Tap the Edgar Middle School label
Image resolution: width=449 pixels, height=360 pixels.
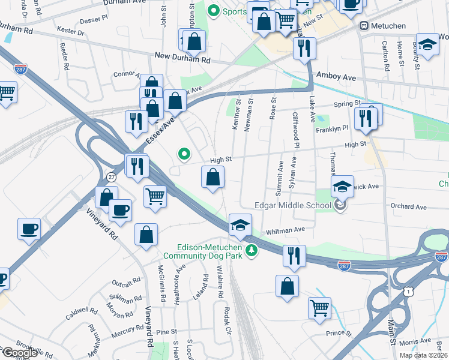293,206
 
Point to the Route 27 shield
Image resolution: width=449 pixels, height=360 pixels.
110,176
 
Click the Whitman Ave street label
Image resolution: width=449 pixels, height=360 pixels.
286,230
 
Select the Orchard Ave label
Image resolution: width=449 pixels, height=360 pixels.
408,207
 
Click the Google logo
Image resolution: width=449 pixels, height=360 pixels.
19,352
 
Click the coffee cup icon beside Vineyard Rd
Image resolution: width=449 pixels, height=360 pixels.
120,211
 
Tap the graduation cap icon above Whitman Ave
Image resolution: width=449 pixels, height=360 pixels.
240,225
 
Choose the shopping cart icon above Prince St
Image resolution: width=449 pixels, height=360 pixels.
319,308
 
